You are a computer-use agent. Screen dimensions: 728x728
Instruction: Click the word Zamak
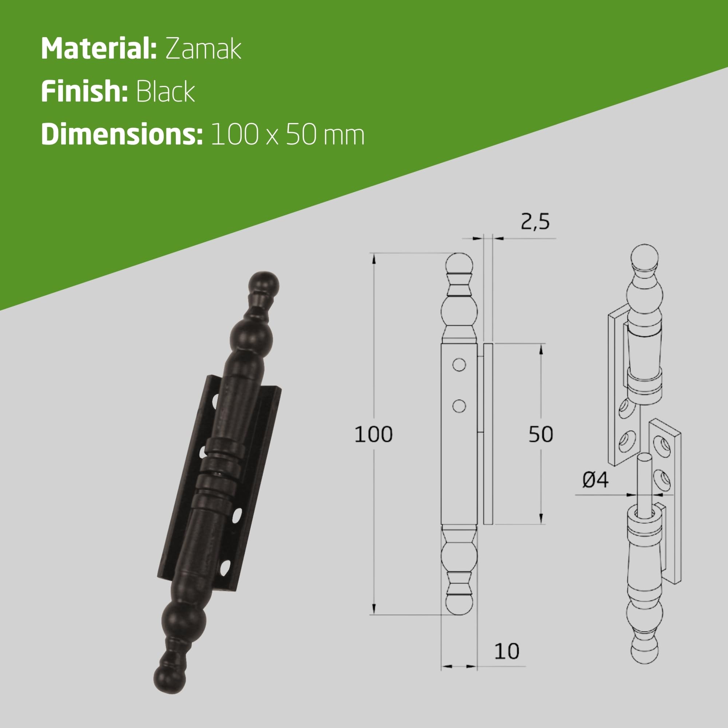point(203,49)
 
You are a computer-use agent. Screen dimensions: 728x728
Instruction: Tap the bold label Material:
point(99,49)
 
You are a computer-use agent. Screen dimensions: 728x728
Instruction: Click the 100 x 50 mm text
point(288,134)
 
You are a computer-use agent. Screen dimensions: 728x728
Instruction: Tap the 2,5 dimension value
point(535,222)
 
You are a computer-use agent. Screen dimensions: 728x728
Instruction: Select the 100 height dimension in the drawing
point(373,434)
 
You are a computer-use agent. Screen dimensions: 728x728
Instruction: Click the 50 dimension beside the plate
point(541,434)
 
